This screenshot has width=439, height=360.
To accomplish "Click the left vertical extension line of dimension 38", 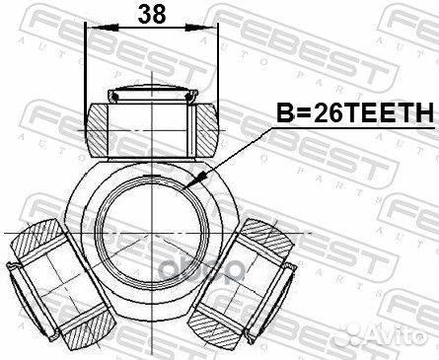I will click(87, 69).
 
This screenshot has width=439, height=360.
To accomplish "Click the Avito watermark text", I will click(394, 334).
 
